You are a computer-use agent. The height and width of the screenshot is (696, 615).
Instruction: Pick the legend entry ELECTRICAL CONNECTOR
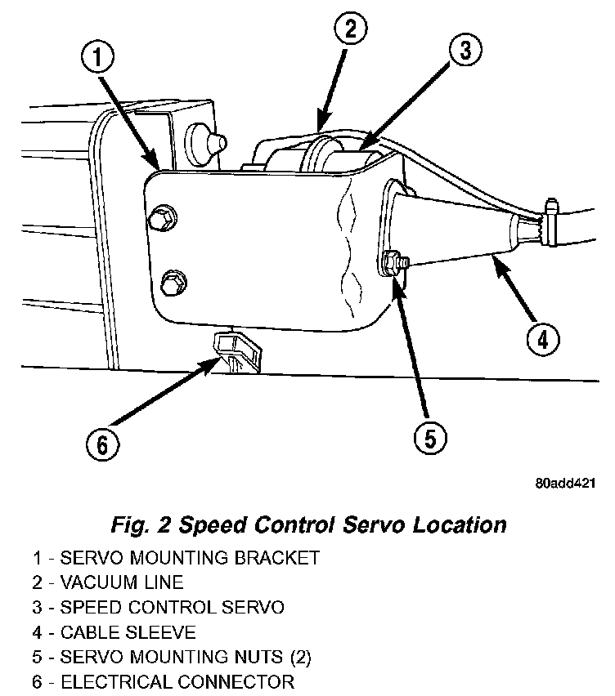[x=164, y=680]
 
